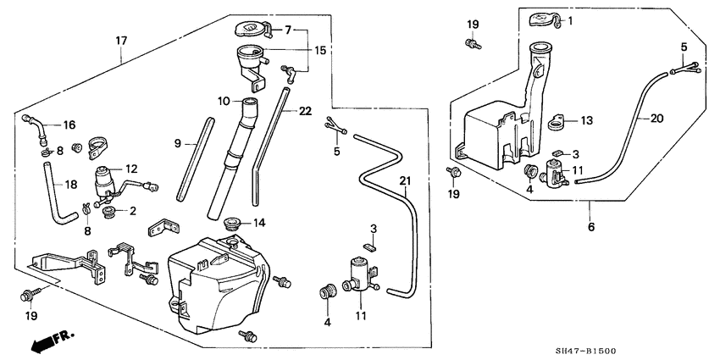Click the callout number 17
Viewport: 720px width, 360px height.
pyautogui.click(x=121, y=39)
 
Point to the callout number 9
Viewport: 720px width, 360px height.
pyautogui.click(x=179, y=144)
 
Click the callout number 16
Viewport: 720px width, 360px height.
pyautogui.click(x=69, y=124)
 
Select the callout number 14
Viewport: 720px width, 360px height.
pyautogui.click(x=260, y=223)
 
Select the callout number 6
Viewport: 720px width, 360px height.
pyautogui.click(x=590, y=227)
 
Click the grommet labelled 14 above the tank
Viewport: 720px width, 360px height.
pyautogui.click(x=230, y=224)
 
